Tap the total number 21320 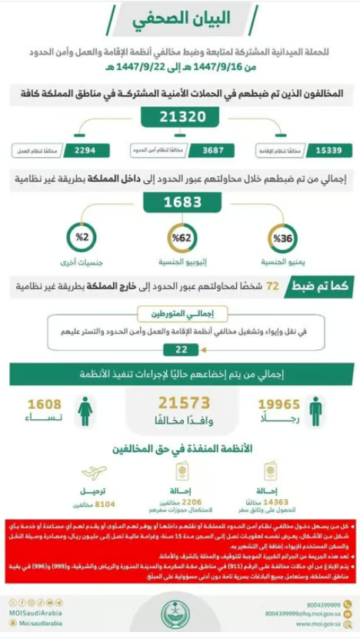(180, 117)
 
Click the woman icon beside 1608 (85, 411)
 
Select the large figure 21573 (183, 403)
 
